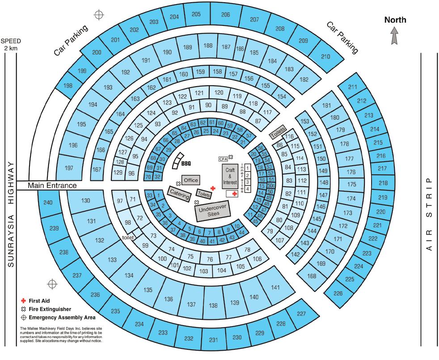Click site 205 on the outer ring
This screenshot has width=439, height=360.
click(196, 15)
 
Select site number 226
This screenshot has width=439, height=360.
click(338, 293)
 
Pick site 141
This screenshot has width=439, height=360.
click(275, 287)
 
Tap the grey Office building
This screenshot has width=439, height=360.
click(190, 180)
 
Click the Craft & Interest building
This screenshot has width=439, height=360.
click(231, 176)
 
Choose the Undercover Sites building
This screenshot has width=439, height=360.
click(213, 211)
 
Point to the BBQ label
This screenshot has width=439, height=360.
click(186, 164)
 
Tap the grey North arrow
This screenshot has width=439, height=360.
click(395, 36)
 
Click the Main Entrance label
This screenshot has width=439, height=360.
click(52, 185)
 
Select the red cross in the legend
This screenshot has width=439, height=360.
click(24, 300)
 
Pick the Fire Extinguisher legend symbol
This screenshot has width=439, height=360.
click(24, 309)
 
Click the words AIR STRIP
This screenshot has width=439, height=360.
click(430, 214)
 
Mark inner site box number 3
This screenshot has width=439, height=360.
click(248, 182)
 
